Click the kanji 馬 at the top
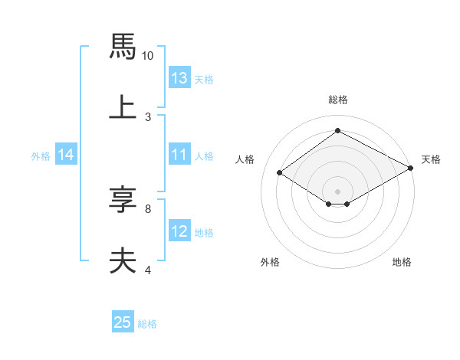point(123,47)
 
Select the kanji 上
point(123,107)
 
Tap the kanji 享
point(123,200)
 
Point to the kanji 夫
point(123,260)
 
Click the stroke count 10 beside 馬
point(148,55)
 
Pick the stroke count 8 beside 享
point(147,208)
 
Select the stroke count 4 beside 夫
point(147,269)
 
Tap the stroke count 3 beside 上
point(147,116)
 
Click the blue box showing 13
point(179,78)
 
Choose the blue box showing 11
point(179,155)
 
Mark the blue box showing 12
point(179,231)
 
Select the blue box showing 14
point(66,155)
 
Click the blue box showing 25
point(123,322)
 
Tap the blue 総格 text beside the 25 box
point(147,324)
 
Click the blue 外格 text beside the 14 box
point(41,155)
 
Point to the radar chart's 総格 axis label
point(337,100)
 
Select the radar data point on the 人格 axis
point(280,173)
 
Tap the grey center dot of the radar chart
point(337,191)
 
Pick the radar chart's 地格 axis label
point(402,262)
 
